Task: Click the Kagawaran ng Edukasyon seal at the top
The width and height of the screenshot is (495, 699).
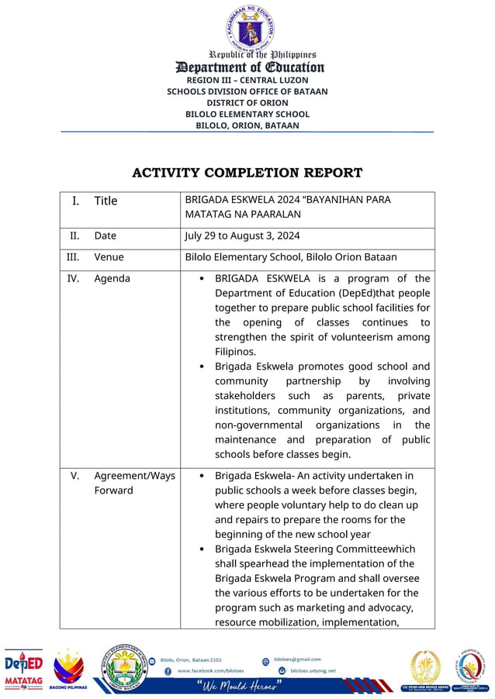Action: point(250,28)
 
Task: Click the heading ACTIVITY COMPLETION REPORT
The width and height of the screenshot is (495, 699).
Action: point(247,173)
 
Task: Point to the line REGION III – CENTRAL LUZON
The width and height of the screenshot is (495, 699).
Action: point(247,80)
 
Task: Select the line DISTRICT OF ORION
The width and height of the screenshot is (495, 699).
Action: point(247,102)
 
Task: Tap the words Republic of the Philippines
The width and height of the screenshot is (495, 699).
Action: point(262,55)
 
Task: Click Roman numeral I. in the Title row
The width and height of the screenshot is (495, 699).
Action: point(75,201)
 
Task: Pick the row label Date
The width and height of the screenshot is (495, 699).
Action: point(106,236)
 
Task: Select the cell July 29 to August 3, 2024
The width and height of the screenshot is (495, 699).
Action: point(242,236)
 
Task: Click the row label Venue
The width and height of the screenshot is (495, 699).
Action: point(109,257)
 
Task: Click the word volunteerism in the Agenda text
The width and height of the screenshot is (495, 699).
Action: point(367,337)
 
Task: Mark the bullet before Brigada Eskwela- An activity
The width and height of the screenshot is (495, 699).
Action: point(202,476)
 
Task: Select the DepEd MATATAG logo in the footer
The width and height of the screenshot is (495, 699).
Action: point(24,669)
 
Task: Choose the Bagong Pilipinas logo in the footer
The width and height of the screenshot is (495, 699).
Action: point(68,669)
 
